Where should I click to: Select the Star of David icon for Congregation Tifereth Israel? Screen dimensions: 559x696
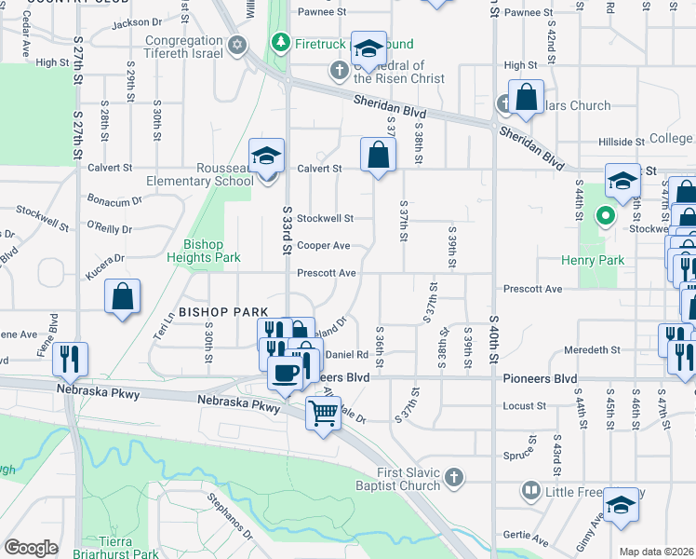tap(237, 44)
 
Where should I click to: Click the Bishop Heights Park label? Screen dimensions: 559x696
tap(211, 252)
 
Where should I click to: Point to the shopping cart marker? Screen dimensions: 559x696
tap(323, 412)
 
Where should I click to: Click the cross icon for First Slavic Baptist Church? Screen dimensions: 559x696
tap(453, 478)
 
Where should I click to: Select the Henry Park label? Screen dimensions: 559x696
tap(593, 260)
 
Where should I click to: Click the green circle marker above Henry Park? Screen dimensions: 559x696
tap(605, 218)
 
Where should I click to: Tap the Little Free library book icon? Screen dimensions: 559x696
tap(530, 489)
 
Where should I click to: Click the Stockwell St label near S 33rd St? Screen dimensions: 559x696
tap(326, 219)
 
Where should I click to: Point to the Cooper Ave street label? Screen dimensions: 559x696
tap(324, 246)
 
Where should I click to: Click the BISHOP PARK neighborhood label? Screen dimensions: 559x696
tap(223, 312)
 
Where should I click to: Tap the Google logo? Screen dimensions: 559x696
tap(32, 548)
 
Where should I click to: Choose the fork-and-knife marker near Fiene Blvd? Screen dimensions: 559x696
tap(71, 358)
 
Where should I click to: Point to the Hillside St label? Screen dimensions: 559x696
tap(621, 142)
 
